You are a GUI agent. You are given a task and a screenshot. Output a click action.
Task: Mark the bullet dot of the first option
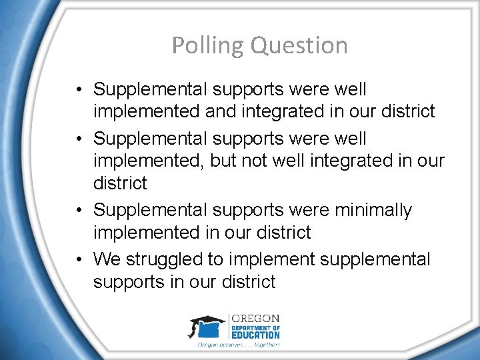pyautogui.click(x=79, y=89)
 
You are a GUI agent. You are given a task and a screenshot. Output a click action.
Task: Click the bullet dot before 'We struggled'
pyautogui.click(x=79, y=259)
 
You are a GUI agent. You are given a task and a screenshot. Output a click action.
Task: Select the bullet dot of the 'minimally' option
pyautogui.click(x=79, y=210)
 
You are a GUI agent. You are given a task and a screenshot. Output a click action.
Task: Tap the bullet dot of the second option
pyautogui.click(x=79, y=139)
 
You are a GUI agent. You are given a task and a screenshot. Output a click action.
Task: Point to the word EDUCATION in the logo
pyautogui.click(x=255, y=335)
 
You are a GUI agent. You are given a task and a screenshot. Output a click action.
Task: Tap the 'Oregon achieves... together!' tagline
pyautogui.click(x=238, y=345)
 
